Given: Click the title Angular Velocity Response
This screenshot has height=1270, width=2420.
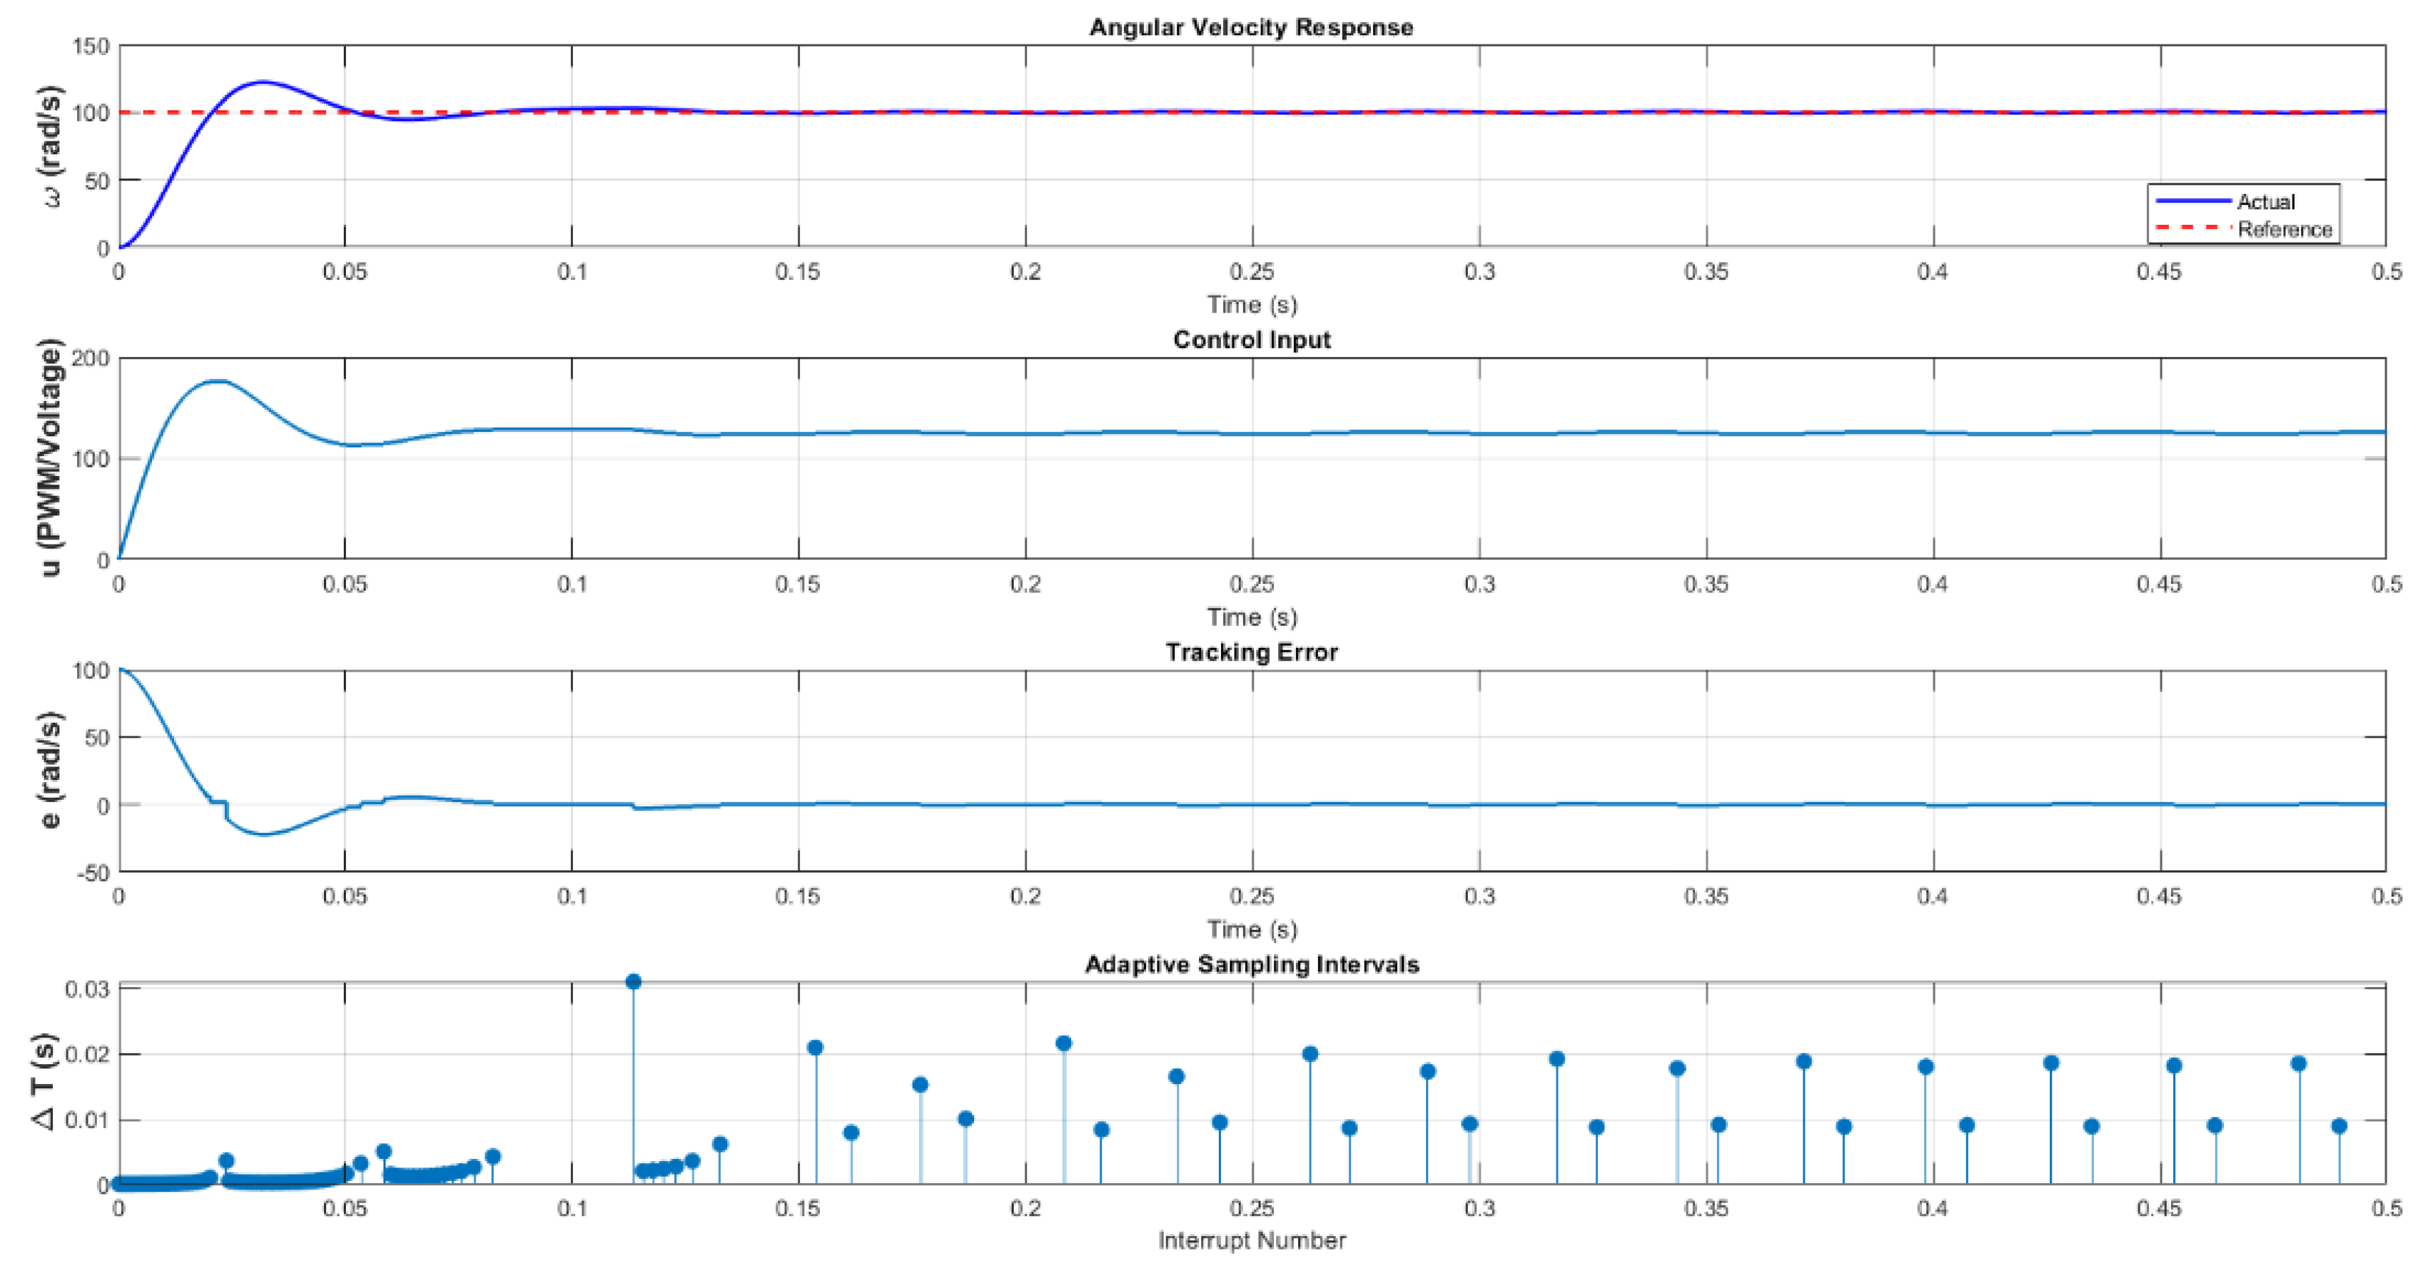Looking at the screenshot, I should (x=1251, y=28).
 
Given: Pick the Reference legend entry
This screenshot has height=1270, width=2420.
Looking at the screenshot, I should (x=2283, y=229).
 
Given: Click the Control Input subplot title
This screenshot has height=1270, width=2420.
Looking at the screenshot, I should (x=1251, y=340).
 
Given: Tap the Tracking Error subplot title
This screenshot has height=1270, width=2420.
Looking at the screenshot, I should (x=1251, y=652).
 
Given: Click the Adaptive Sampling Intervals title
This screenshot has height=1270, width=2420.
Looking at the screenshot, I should (x=1251, y=965).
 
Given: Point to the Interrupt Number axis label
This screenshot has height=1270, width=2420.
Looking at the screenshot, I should (x=1251, y=1241).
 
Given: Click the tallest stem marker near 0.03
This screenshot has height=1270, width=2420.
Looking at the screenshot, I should (x=633, y=981).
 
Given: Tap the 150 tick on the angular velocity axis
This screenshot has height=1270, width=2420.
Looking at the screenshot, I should (x=91, y=46).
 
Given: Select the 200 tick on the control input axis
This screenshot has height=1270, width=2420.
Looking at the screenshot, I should (x=91, y=359).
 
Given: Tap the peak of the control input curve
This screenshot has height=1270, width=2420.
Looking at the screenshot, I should (x=218, y=381).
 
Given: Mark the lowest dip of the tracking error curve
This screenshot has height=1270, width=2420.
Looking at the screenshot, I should (x=265, y=834).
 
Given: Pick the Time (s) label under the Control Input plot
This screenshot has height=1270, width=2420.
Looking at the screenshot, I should (x=1251, y=617).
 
